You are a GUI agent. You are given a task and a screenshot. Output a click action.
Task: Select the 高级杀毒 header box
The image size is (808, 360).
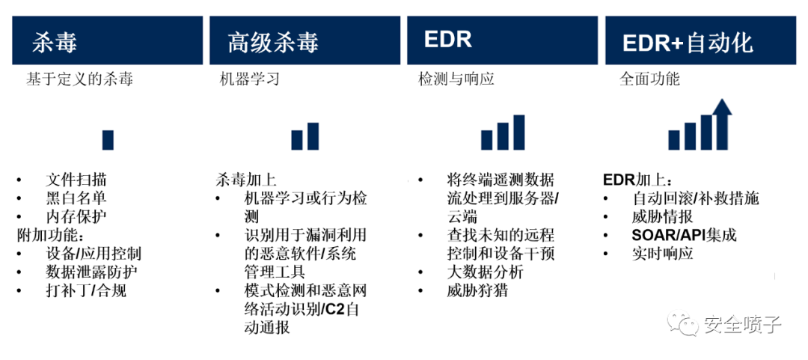point(304,40)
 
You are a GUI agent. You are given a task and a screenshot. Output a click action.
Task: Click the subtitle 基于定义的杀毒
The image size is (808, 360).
point(80,79)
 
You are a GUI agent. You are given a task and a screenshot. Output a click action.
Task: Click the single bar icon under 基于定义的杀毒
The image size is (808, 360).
point(108,140)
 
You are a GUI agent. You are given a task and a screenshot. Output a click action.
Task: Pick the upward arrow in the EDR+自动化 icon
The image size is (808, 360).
point(723,123)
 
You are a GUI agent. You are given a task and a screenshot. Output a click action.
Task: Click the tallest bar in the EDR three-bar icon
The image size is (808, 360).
point(519,132)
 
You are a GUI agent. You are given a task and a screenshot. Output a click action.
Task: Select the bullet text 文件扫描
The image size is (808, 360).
point(76,180)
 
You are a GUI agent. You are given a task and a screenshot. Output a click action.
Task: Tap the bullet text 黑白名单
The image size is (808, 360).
point(76,198)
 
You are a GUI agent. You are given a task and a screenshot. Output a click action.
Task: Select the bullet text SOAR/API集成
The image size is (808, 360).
point(684,235)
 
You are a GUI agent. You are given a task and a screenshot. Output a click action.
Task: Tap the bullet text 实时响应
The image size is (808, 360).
point(662,253)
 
